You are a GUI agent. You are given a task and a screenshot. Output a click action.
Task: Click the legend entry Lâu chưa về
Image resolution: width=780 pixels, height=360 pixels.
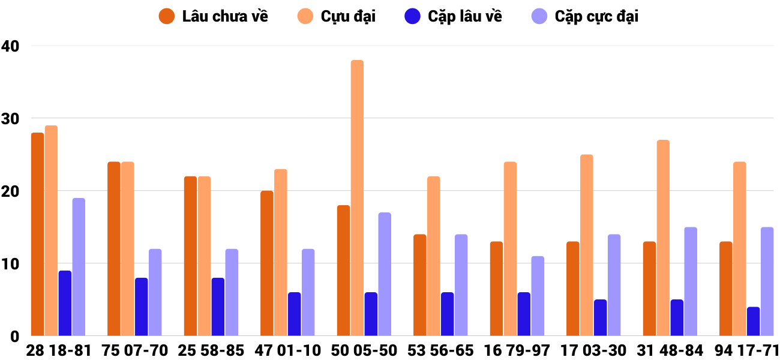[x=213, y=16]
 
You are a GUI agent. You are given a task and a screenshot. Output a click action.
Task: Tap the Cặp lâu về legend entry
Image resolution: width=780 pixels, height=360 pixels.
[x=453, y=16]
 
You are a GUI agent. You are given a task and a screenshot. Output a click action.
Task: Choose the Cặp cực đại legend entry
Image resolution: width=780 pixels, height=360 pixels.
[x=585, y=16]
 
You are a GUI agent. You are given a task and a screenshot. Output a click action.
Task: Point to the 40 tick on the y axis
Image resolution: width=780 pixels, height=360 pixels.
[x=11, y=46]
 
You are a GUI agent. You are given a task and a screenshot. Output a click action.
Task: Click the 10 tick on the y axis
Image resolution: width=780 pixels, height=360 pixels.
[x=10, y=264]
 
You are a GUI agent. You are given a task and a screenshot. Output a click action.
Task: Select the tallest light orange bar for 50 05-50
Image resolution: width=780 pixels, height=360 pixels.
[x=357, y=198]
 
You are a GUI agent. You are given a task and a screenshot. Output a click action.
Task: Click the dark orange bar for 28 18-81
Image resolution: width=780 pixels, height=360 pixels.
[x=37, y=234]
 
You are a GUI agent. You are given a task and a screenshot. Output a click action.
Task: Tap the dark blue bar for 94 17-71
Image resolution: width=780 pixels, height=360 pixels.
[x=754, y=322]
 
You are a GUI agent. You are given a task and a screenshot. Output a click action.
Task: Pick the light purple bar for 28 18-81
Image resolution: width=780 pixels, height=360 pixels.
[x=79, y=267]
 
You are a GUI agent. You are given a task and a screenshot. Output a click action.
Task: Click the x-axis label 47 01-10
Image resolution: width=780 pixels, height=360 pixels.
[x=287, y=350]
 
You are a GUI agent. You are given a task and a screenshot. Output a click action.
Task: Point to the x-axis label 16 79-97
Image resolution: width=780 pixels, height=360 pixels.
[x=517, y=350]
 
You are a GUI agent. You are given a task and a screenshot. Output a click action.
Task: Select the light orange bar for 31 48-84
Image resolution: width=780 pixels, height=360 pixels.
[x=663, y=238]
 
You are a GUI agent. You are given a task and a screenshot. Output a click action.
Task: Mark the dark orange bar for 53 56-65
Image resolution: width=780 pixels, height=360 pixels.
[x=420, y=285]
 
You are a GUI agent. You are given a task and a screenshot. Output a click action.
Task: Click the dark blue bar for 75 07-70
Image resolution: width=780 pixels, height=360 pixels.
[x=142, y=307]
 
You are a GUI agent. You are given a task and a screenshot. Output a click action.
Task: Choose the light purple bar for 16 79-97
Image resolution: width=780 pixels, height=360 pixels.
[x=538, y=296]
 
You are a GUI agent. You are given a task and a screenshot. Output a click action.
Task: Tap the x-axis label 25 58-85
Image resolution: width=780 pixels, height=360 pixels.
[x=211, y=350]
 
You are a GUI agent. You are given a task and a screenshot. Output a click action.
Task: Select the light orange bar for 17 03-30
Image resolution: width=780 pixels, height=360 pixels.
[x=587, y=245]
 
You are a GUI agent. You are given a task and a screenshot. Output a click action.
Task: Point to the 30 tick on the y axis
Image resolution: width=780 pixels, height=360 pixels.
[x=11, y=119]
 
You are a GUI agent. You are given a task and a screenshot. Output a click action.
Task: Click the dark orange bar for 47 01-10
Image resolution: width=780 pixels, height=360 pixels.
[x=267, y=263]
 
